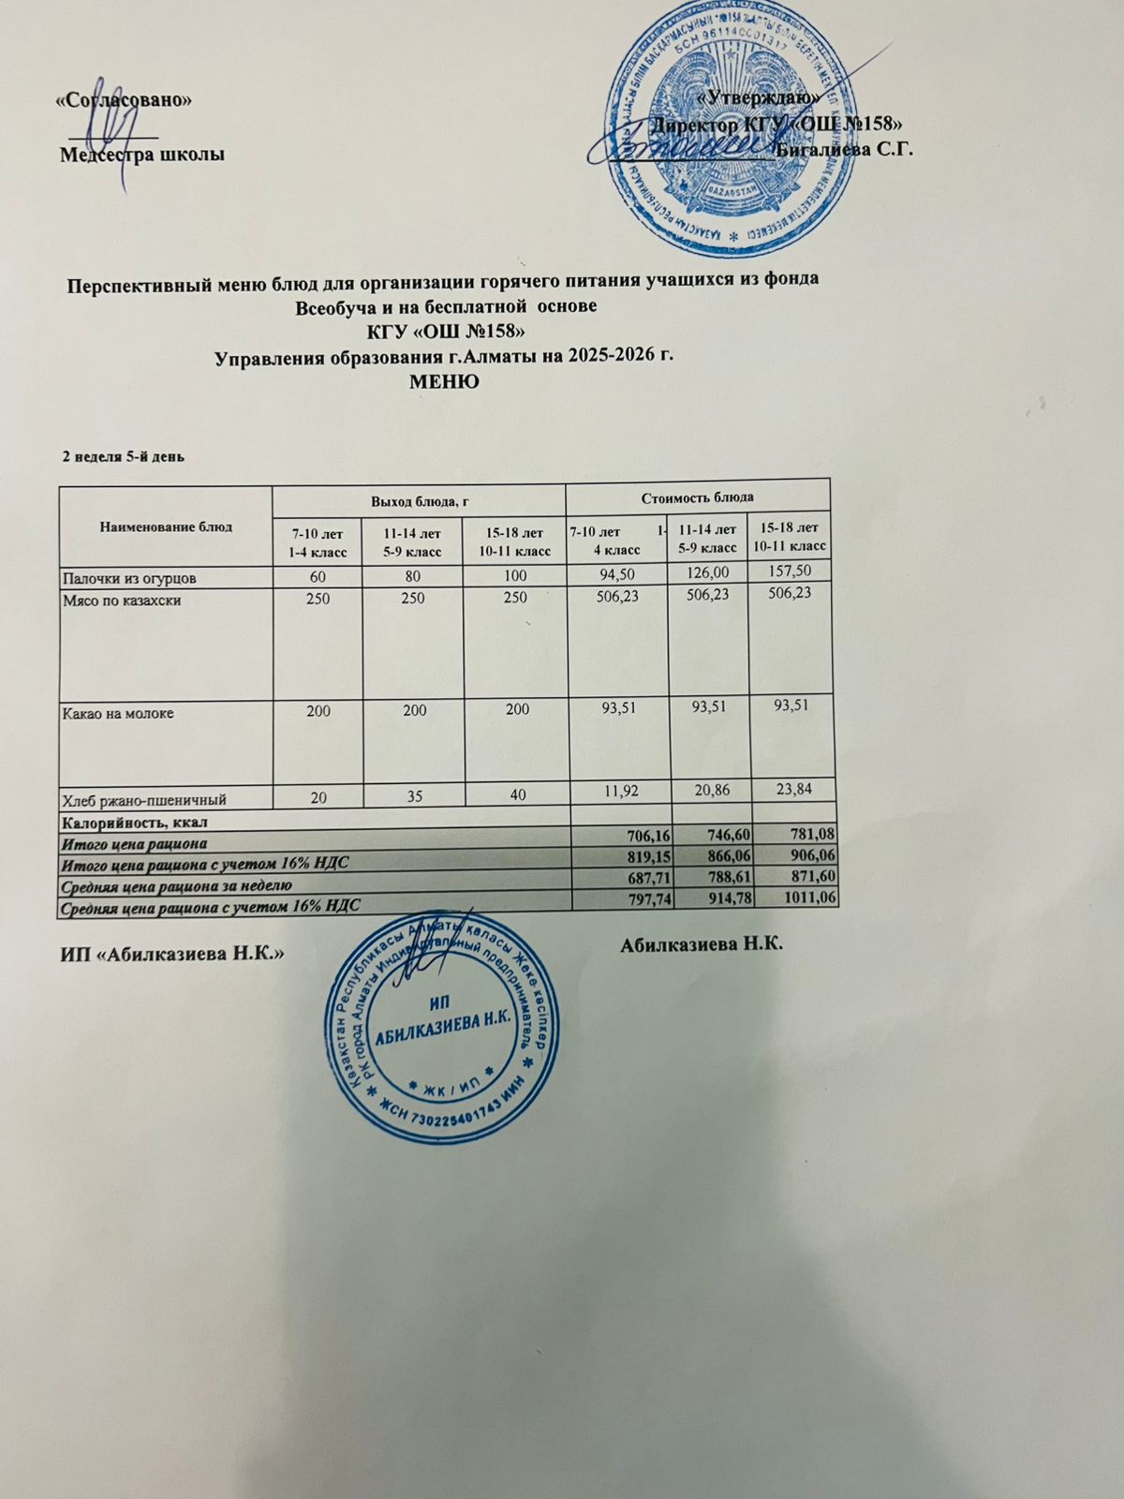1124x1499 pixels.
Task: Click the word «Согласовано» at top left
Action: pos(125,102)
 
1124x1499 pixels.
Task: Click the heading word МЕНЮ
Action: pos(445,382)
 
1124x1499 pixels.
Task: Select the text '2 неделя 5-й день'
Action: pos(123,457)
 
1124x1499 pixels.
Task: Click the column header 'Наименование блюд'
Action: pos(166,527)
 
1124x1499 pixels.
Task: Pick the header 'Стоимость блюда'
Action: pos(698,496)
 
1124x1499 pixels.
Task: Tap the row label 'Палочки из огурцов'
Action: pos(128,574)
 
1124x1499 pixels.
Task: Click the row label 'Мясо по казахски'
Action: pos(121,599)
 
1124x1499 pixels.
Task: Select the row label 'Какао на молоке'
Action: pos(117,712)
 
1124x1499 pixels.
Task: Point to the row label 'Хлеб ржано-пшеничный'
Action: pos(142,800)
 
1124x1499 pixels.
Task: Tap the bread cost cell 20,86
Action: pos(710,792)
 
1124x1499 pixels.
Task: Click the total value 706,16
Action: pos(641,835)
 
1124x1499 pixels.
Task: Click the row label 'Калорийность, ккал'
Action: pos(134,823)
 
